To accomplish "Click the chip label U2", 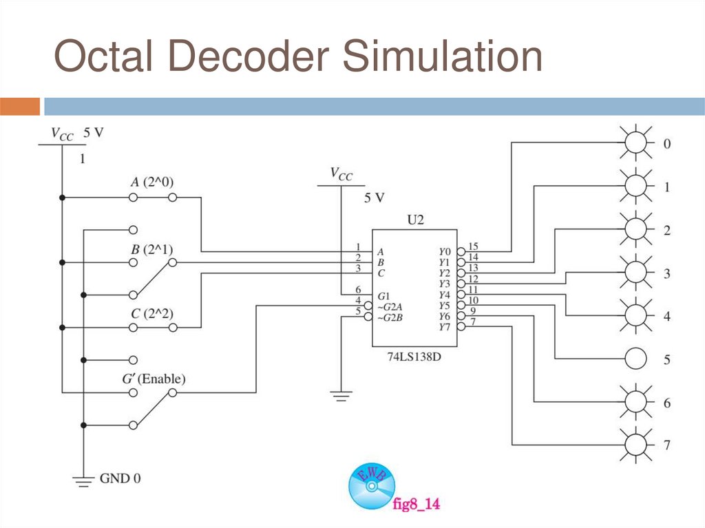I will point(414,220).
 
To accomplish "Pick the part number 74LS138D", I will point(414,359).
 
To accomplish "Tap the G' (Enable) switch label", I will point(154,379).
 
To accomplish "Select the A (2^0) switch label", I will point(153,182).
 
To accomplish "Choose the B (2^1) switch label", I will point(152,249).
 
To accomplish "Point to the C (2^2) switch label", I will point(152,313).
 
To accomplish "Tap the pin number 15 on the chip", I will point(473,246).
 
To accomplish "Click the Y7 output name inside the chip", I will point(445,327).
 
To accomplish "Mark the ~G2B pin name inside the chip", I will point(390,317).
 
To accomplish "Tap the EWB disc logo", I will point(372,485).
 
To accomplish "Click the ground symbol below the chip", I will point(341,395).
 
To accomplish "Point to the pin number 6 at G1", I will point(358,290).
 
